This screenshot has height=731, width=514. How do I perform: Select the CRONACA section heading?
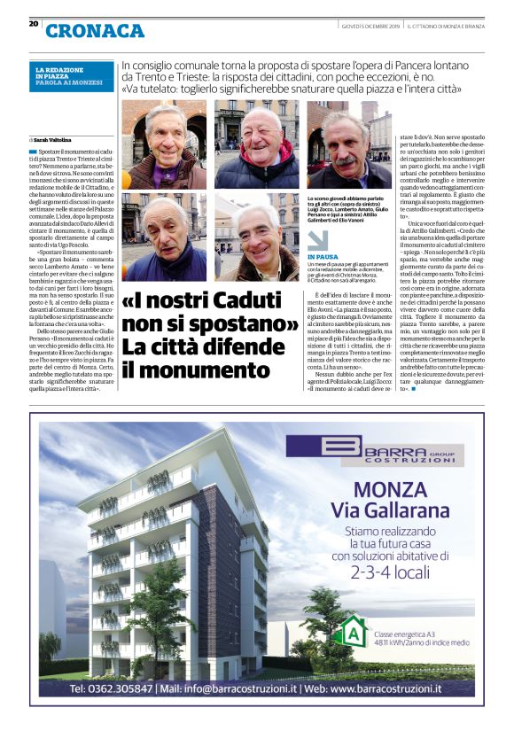pos(95,30)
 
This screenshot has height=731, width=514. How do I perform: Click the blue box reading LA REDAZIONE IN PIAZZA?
pos(70,77)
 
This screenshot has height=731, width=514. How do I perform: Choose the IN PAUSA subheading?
pos(323,257)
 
